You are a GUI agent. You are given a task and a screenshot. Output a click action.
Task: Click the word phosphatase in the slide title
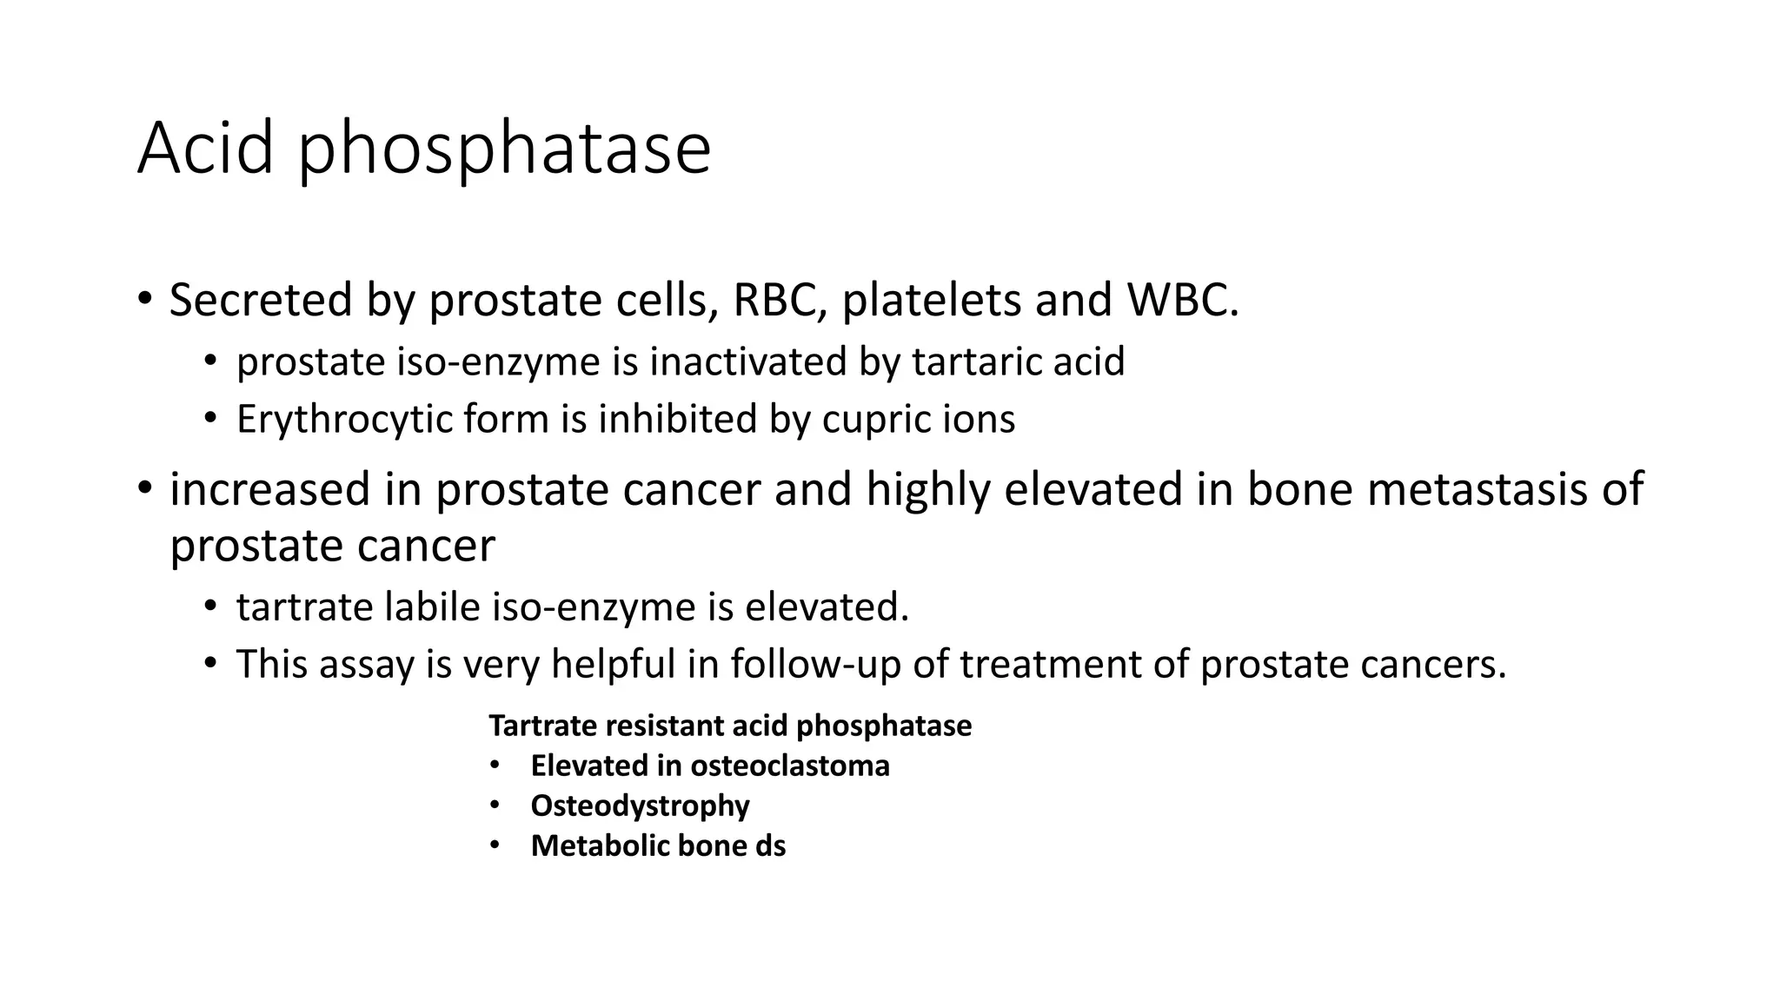click(504, 149)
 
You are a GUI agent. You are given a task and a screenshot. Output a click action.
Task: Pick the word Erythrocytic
click(343, 420)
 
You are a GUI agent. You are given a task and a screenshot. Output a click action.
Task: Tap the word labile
click(432, 607)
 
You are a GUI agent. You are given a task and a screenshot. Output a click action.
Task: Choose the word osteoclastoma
click(789, 766)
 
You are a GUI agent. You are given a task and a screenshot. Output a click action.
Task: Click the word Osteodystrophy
click(640, 805)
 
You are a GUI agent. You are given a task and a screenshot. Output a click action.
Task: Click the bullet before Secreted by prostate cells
click(144, 300)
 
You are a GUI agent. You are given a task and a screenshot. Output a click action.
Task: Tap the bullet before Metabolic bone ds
click(495, 845)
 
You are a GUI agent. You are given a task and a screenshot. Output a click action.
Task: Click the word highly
click(927, 488)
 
